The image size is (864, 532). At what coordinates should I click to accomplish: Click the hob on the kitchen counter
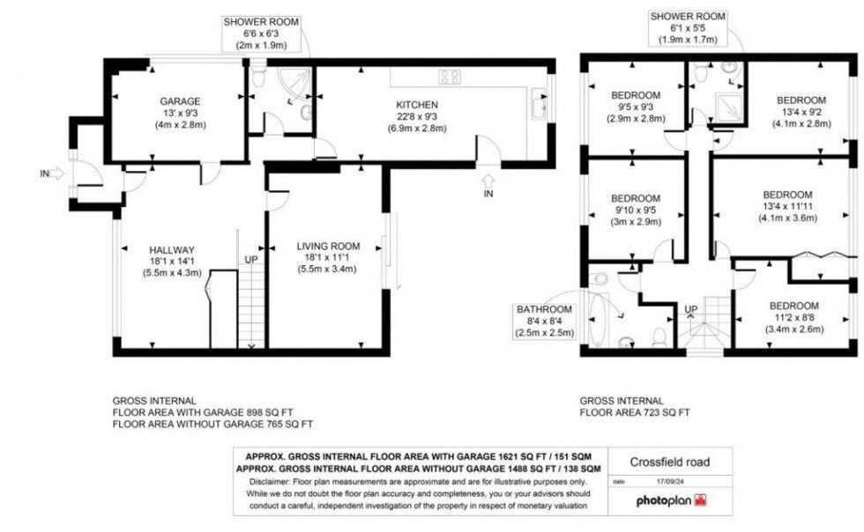(x=450, y=77)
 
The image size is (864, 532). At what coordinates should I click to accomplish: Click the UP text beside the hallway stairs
(x=251, y=260)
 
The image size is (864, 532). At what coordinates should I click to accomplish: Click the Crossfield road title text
(x=669, y=462)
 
